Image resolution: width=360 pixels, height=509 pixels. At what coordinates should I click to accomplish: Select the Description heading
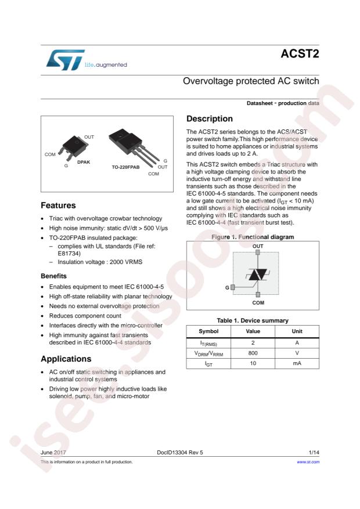click(x=210, y=119)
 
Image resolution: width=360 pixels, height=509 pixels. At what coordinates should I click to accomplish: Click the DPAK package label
click(x=84, y=163)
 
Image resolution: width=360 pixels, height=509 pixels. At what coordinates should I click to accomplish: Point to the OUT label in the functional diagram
click(x=258, y=246)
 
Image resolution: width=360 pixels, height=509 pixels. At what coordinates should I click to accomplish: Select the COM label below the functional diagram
click(x=258, y=302)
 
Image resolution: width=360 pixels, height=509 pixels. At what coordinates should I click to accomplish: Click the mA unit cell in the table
click(x=297, y=364)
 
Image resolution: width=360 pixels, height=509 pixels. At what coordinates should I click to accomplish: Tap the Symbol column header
click(x=208, y=331)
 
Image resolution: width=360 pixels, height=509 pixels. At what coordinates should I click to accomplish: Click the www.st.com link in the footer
click(x=308, y=462)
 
